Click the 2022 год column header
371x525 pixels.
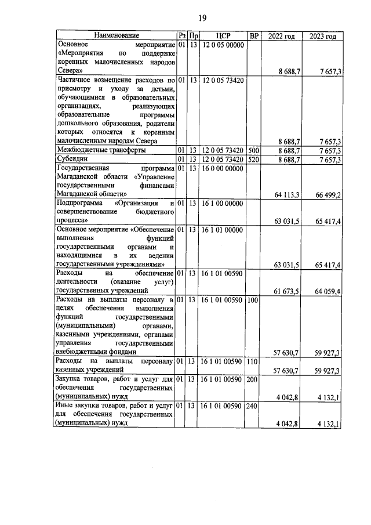[x=282, y=36]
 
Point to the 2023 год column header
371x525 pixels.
[x=323, y=36]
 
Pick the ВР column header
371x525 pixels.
[x=253, y=36]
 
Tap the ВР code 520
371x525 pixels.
[x=253, y=160]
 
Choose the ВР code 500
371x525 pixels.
[x=253, y=150]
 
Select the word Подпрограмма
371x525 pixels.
[x=78, y=204]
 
